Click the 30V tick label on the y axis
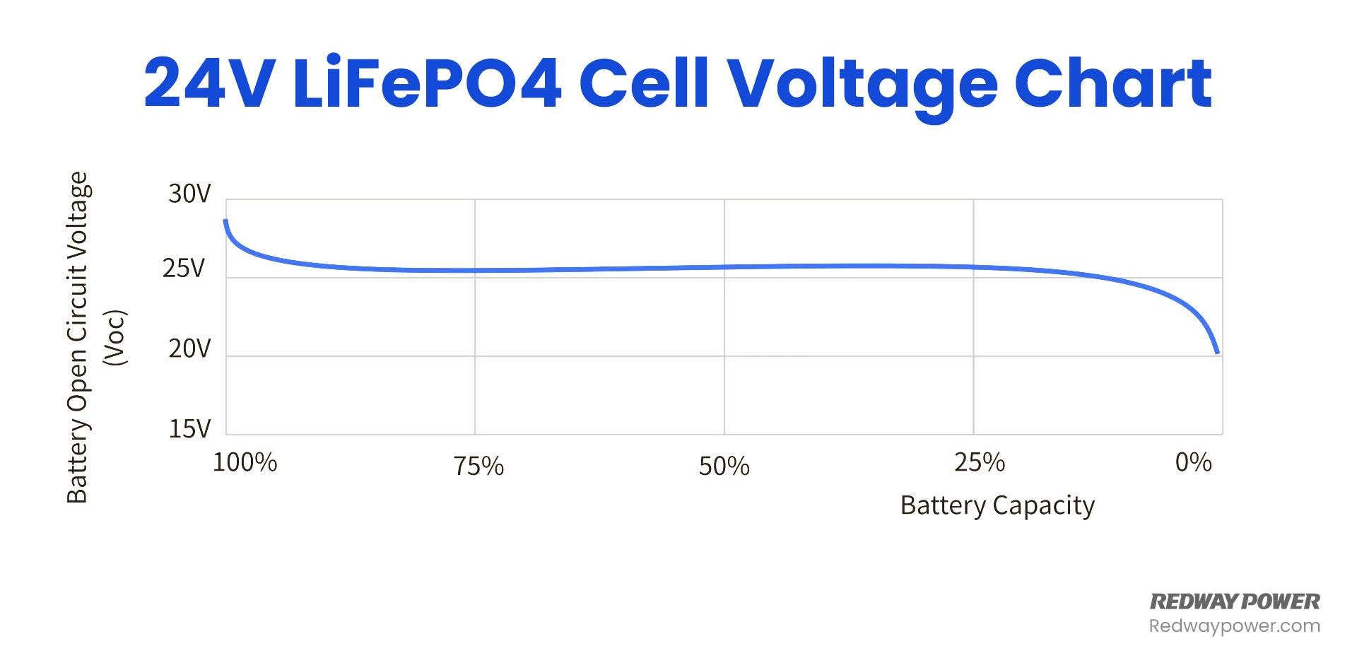pyautogui.click(x=189, y=194)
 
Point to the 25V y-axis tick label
pyautogui.click(x=184, y=269)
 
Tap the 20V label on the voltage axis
pyautogui.click(x=189, y=348)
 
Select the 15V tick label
pyautogui.click(x=189, y=428)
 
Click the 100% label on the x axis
pyautogui.click(x=245, y=463)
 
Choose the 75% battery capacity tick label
pyautogui.click(x=479, y=466)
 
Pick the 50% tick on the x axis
pyautogui.click(x=724, y=466)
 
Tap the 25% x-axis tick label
pyautogui.click(x=980, y=463)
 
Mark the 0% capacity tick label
pyautogui.click(x=1194, y=463)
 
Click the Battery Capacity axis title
pyautogui.click(x=997, y=506)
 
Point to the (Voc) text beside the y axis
pyautogui.click(x=114, y=337)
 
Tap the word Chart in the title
pyautogui.click(x=1113, y=84)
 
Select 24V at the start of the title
pyautogui.click(x=209, y=84)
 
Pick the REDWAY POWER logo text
pyautogui.click(x=1235, y=601)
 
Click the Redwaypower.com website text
pyautogui.click(x=1235, y=626)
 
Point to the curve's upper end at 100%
pyautogui.click(x=225, y=221)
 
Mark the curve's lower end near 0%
pyautogui.click(x=1217, y=352)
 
